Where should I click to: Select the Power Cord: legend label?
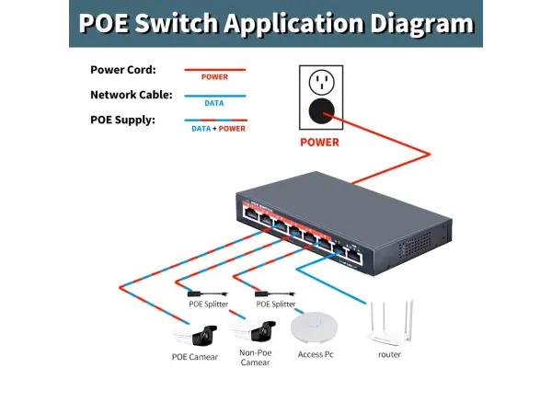coord(123,69)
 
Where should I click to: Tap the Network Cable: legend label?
coord(130,95)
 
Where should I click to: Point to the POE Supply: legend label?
coord(123,120)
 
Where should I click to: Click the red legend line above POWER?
coord(213,69)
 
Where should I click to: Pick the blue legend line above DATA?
coord(213,94)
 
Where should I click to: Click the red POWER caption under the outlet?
coord(320,143)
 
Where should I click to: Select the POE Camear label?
coord(195,356)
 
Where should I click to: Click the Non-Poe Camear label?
coord(255,357)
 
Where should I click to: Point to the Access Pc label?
coord(316,354)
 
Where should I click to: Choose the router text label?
coord(389,353)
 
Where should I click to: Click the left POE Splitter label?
coord(208,304)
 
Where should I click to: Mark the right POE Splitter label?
coord(275,304)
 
